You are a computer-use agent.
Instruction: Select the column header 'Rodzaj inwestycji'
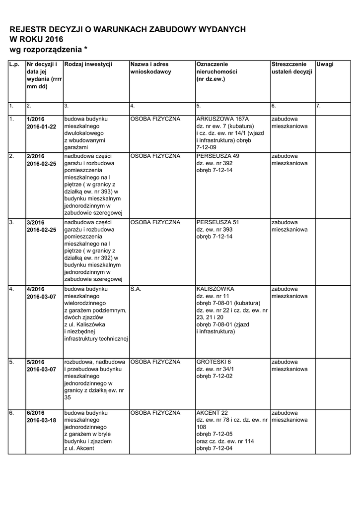[x=88, y=64]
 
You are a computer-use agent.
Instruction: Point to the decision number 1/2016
[x=36, y=119]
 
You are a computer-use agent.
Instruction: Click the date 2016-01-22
[x=41, y=127]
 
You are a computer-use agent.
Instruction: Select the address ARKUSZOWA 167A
[x=222, y=119]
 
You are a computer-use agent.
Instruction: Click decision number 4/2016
[x=36, y=289]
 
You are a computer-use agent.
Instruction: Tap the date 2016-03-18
[x=41, y=420]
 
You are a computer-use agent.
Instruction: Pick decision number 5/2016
[x=36, y=362]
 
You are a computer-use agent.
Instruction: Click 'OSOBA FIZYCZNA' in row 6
[x=155, y=413]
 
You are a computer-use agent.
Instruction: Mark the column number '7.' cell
[x=318, y=106]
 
